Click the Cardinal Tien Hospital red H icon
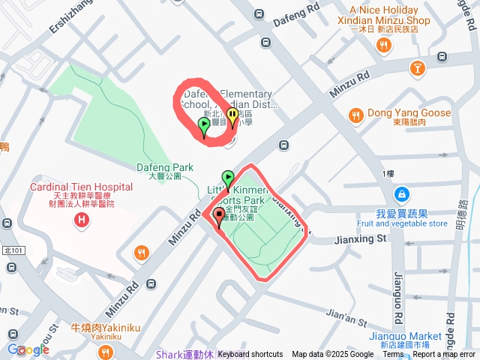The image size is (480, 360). coord(81,220)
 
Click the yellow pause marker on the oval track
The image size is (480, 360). coord(232,116)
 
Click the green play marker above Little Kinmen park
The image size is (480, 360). coord(229,178)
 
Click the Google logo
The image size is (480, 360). coord(28,349)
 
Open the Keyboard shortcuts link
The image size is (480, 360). coord(250,355)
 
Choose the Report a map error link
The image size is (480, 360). coord(445,355)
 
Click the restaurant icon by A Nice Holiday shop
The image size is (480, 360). coord(384,46)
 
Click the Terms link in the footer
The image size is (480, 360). coord(393,355)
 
